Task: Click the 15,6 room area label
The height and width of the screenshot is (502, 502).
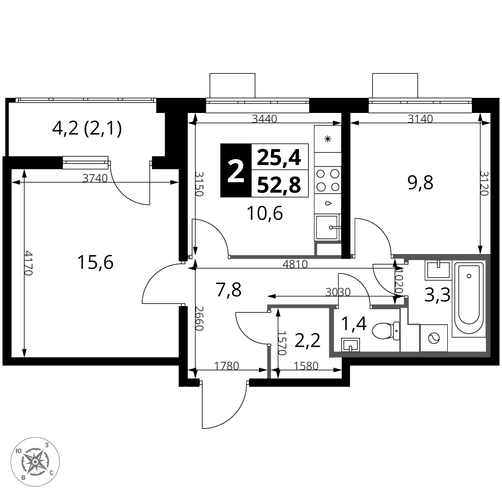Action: tap(95, 263)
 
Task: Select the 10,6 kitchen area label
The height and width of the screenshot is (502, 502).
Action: tap(265, 213)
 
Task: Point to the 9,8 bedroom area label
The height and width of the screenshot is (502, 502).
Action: tap(420, 183)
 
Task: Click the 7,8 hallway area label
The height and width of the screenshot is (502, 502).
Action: tap(228, 290)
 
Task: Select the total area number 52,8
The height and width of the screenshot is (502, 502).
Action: tap(279, 185)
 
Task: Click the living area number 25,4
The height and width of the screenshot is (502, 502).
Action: tap(279, 158)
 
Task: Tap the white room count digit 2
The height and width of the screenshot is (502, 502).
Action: tap(235, 172)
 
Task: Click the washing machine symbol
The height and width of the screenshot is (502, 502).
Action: tap(434, 338)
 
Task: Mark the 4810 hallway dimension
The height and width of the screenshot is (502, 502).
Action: tap(295, 264)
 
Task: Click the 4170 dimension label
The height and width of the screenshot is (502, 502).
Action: tap(29, 263)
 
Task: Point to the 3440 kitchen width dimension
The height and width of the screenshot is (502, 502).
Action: tap(265, 119)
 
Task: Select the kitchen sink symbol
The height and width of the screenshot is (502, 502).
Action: tap(327, 227)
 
